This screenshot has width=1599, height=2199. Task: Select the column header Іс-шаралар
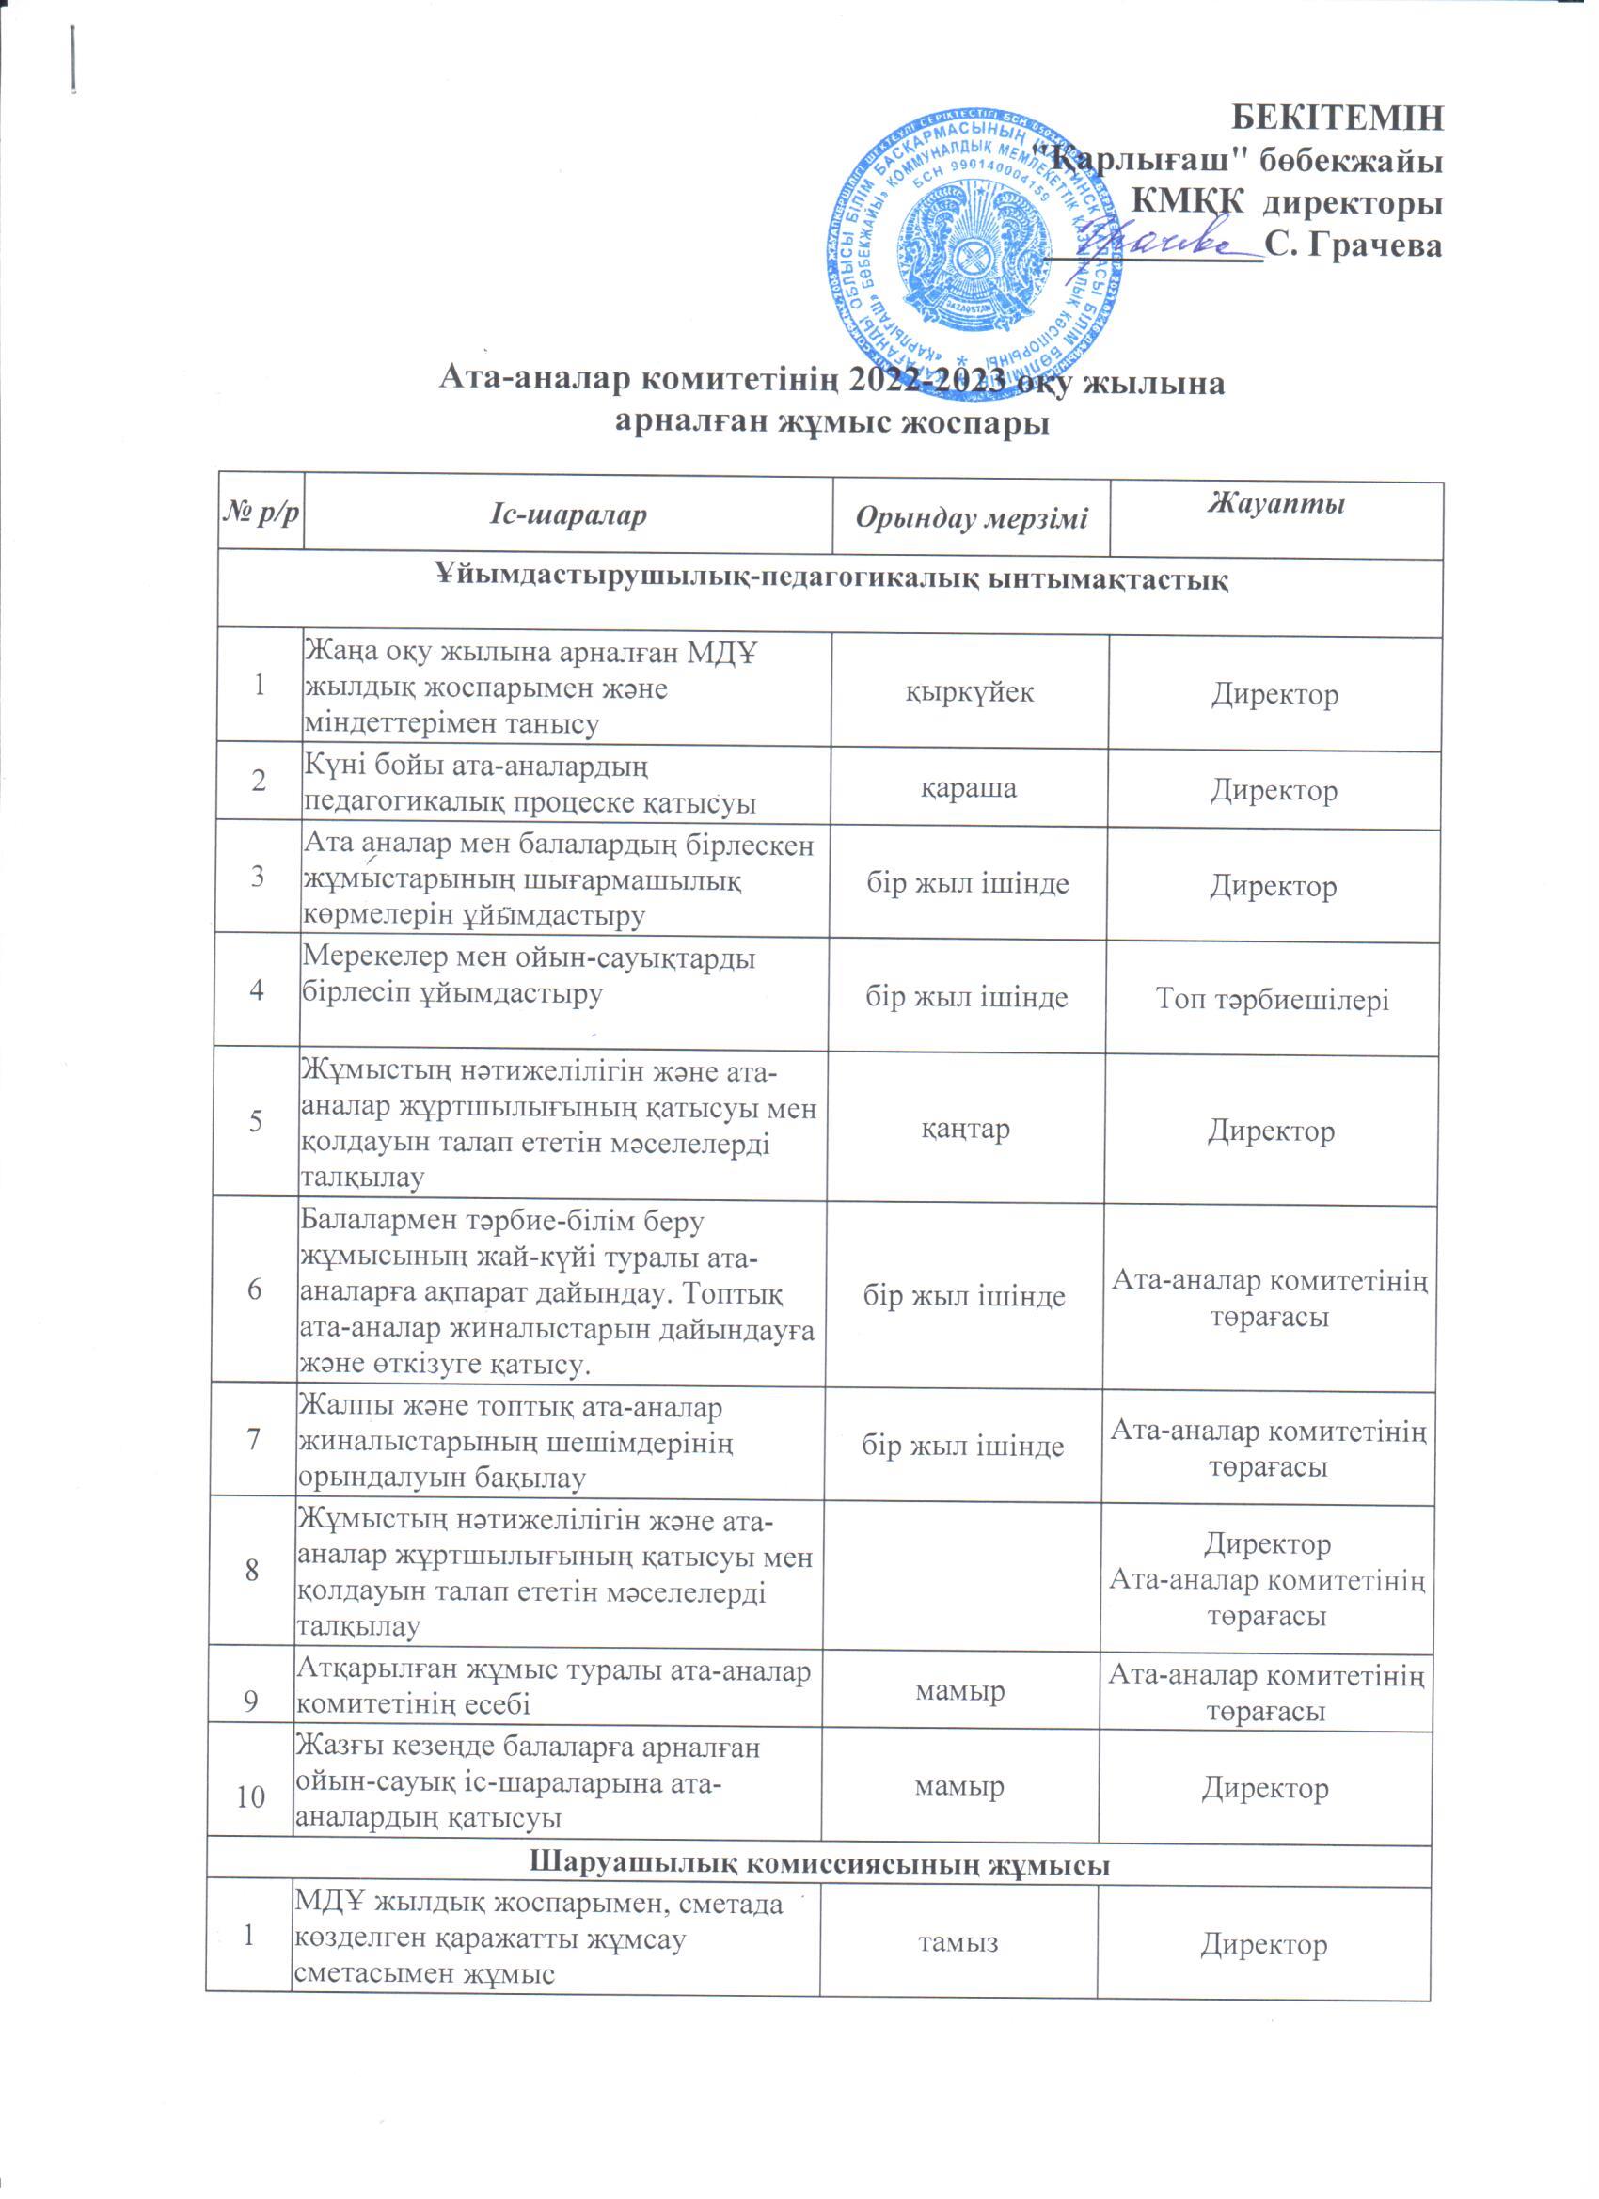[x=567, y=514]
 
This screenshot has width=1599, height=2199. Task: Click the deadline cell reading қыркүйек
[x=970, y=692]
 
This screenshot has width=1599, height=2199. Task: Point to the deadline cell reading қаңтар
[x=965, y=1129]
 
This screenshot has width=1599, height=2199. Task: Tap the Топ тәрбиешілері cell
[x=1273, y=999]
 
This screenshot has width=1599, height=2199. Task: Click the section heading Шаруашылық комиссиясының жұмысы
[x=820, y=1864]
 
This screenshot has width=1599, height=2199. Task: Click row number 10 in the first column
[x=250, y=1796]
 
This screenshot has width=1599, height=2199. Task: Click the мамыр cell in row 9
[x=960, y=1691]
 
